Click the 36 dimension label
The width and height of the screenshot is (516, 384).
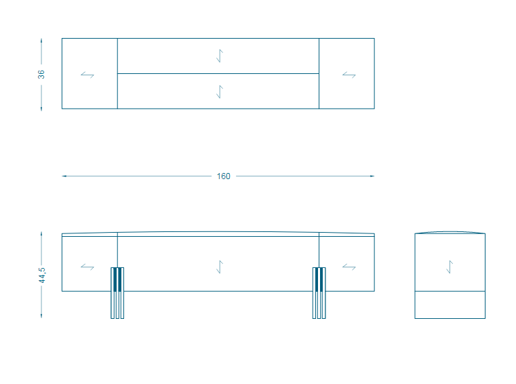(41, 75)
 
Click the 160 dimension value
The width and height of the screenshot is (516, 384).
(224, 176)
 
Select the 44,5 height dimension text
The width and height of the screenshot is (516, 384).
(42, 275)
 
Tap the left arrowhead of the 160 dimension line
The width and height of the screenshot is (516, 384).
(64, 176)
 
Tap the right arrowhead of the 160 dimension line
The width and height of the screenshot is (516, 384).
(372, 176)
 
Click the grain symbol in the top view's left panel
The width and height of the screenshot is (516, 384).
(87, 75)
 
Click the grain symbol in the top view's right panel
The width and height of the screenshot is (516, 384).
(349, 75)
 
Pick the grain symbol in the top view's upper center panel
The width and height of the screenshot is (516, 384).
(220, 56)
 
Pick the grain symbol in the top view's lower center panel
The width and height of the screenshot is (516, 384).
(220, 92)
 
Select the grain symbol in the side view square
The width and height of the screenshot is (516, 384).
(450, 267)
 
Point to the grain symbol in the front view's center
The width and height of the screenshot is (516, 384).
(220, 267)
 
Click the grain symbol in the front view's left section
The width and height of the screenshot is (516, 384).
(87, 267)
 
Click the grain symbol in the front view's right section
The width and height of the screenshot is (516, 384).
(349, 267)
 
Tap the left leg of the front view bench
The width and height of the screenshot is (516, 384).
(117, 293)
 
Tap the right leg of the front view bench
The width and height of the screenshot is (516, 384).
(319, 293)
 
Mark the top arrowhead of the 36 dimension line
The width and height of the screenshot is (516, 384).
(41, 41)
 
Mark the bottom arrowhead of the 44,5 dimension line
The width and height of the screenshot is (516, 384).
(41, 316)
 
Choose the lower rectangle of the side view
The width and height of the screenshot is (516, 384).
(450, 305)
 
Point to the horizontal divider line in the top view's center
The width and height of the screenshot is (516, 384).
(218, 73)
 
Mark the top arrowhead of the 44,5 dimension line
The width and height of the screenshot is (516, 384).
(41, 234)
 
